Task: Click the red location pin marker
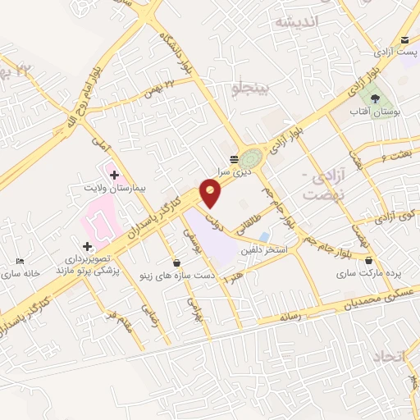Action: click(x=211, y=192)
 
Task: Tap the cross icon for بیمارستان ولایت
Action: click(x=113, y=175)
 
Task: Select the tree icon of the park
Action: click(x=373, y=97)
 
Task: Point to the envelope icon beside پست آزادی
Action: click(x=404, y=40)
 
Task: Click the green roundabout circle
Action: click(x=252, y=156)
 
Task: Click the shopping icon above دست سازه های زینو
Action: click(x=177, y=262)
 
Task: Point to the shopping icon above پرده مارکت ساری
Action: click(x=368, y=262)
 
